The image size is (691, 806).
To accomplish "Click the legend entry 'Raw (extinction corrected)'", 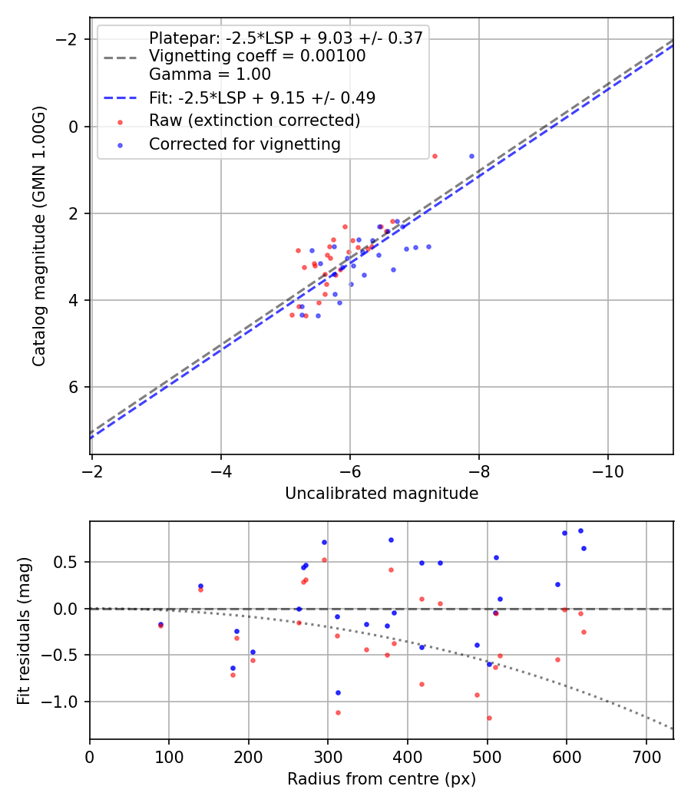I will coord(254,121).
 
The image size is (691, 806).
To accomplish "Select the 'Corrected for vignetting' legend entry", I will coord(244,144).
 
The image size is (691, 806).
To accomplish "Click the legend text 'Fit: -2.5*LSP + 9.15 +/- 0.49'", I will coord(262,97).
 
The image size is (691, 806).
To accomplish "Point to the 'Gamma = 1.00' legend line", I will coord(210,74).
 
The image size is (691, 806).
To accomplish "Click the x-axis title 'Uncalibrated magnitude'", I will coord(382,494).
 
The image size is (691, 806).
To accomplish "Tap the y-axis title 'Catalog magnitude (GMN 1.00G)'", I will coord(39,236).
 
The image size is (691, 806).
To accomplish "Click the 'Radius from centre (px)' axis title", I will coord(382,779).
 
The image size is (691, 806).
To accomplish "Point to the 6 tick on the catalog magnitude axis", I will coord(74,387).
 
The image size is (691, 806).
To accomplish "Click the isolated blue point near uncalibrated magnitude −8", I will coord(471,156).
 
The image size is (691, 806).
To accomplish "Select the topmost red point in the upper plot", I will coord(435,156).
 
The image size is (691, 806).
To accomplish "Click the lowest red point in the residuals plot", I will coord(489,718).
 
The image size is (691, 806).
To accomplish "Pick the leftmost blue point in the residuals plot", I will coord(160,624).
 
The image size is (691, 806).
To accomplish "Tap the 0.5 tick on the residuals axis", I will coord(69,562).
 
